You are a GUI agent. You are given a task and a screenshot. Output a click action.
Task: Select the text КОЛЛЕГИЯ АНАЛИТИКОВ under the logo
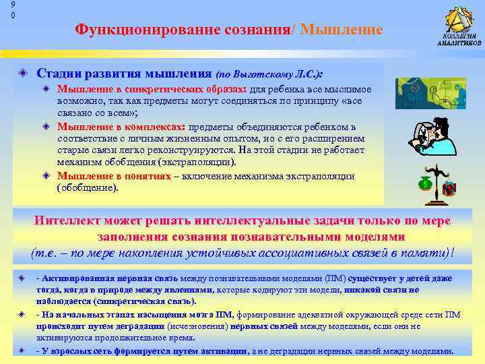click(x=459, y=39)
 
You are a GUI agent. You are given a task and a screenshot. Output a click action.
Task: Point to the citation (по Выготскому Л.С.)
click(x=269, y=73)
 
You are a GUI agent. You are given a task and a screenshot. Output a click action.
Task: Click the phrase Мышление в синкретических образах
click(x=152, y=89)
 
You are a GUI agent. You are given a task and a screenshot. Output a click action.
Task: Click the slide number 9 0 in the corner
click(x=4, y=9)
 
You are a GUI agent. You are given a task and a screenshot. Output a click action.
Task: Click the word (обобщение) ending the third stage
click(x=88, y=188)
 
